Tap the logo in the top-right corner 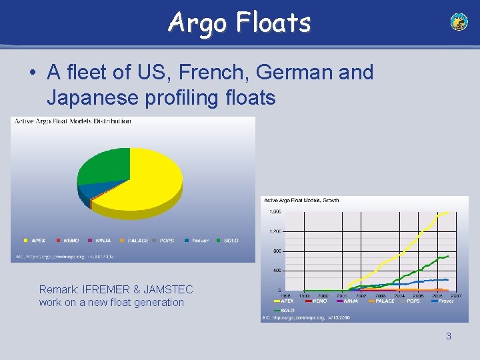459,22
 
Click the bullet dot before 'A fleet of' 32,73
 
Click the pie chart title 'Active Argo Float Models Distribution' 72,121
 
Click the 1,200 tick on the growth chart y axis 275,231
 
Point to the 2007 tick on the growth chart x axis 456,295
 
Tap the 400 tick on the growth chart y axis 276,271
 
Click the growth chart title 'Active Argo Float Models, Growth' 301,200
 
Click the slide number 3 448,336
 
